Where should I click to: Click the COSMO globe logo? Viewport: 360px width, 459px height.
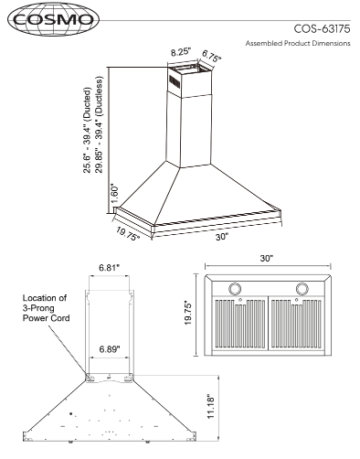(x=54, y=19)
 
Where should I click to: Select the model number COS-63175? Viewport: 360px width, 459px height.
(x=322, y=29)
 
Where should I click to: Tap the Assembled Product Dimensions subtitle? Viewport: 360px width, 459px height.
(x=298, y=43)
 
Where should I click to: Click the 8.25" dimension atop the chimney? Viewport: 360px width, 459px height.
(x=181, y=52)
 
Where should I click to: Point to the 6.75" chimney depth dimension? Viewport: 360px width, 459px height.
(x=211, y=56)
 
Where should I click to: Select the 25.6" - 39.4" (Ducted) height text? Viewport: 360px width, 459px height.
(x=87, y=131)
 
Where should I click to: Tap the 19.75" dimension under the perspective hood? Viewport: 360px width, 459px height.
(x=128, y=233)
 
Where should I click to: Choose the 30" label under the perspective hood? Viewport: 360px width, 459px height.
(x=222, y=237)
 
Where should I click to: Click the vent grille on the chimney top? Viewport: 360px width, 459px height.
(x=175, y=81)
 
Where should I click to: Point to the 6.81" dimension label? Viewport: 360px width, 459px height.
(x=109, y=268)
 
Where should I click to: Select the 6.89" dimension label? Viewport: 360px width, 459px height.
(x=110, y=349)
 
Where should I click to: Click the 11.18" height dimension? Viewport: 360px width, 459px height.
(x=211, y=408)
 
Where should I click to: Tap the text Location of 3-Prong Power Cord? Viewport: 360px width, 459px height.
(x=46, y=308)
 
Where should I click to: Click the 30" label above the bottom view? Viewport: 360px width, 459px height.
(x=267, y=259)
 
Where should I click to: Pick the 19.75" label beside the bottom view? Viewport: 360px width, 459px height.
(x=188, y=314)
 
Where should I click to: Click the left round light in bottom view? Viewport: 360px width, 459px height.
(x=235, y=289)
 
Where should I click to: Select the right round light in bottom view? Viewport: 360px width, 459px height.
(x=302, y=289)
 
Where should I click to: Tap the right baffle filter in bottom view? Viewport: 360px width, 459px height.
(x=296, y=324)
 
